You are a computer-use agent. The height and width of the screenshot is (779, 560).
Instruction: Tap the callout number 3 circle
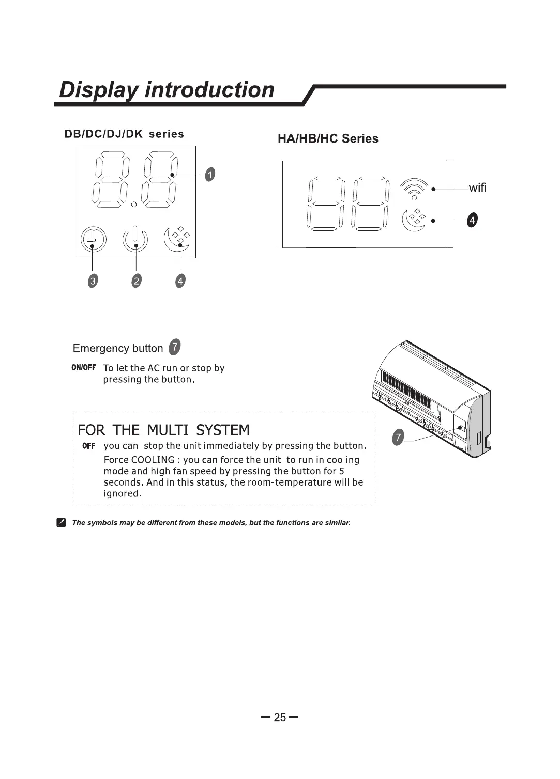click(x=93, y=281)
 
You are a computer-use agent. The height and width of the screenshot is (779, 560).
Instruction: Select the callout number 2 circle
click(x=136, y=281)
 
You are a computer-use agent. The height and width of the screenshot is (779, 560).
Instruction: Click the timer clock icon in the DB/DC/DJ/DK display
click(x=93, y=240)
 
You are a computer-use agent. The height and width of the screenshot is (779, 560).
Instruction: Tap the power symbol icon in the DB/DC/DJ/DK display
click(x=135, y=239)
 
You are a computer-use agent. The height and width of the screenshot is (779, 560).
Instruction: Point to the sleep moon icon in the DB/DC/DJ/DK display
click(x=177, y=239)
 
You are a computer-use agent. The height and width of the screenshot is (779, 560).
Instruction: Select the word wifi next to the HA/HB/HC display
click(x=477, y=188)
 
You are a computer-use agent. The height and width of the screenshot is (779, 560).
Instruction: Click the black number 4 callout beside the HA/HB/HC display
click(x=471, y=221)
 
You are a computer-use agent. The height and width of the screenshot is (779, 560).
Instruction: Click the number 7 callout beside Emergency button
click(x=175, y=347)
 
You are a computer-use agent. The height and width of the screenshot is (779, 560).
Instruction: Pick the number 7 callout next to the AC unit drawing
click(x=398, y=438)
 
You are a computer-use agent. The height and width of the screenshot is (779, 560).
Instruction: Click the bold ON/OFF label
click(x=84, y=368)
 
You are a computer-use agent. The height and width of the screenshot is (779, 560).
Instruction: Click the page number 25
click(x=280, y=717)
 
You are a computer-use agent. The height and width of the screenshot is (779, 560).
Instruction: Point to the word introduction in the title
click(x=209, y=89)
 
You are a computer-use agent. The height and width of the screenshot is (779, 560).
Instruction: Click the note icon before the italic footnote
click(x=62, y=523)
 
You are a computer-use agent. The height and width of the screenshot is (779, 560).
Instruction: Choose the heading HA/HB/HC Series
click(x=328, y=138)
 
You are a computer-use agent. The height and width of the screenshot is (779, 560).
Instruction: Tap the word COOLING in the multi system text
click(x=153, y=460)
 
